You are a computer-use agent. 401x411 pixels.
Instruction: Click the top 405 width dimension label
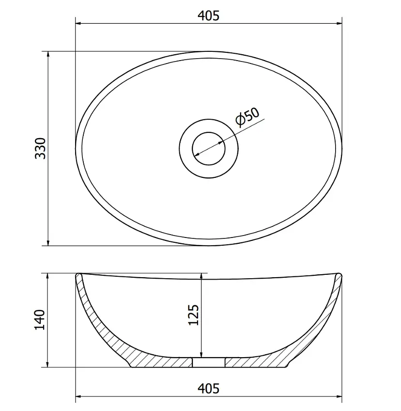coord(208,16)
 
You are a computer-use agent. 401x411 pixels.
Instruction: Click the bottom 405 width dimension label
coord(208,388)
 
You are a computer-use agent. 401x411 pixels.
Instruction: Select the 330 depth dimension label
coord(40,148)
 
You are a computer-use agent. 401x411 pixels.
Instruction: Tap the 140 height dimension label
coord(40,319)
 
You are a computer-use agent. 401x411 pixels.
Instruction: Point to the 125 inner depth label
coord(194,315)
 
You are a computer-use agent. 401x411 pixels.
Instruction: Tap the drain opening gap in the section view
coord(208,363)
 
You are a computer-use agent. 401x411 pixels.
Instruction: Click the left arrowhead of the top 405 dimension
coord(78,24)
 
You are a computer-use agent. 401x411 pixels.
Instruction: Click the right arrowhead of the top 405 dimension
coord(339,24)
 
